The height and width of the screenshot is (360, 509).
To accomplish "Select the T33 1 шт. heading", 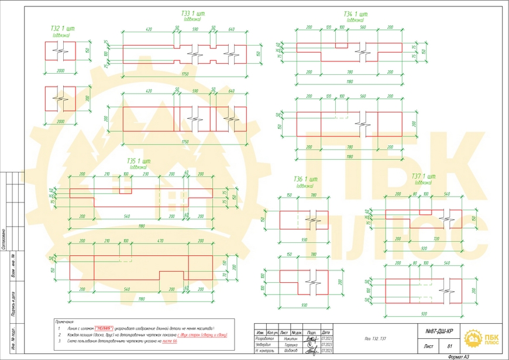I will (x=192, y=13).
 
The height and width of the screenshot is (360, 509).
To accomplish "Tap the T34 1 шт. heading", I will (x=355, y=13).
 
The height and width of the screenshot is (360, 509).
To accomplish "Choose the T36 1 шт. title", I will (x=305, y=179).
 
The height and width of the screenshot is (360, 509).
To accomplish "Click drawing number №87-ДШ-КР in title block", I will (x=438, y=332).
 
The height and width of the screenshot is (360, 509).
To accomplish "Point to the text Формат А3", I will (x=459, y=356).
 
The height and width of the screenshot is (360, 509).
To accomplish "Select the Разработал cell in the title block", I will (x=263, y=339).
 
